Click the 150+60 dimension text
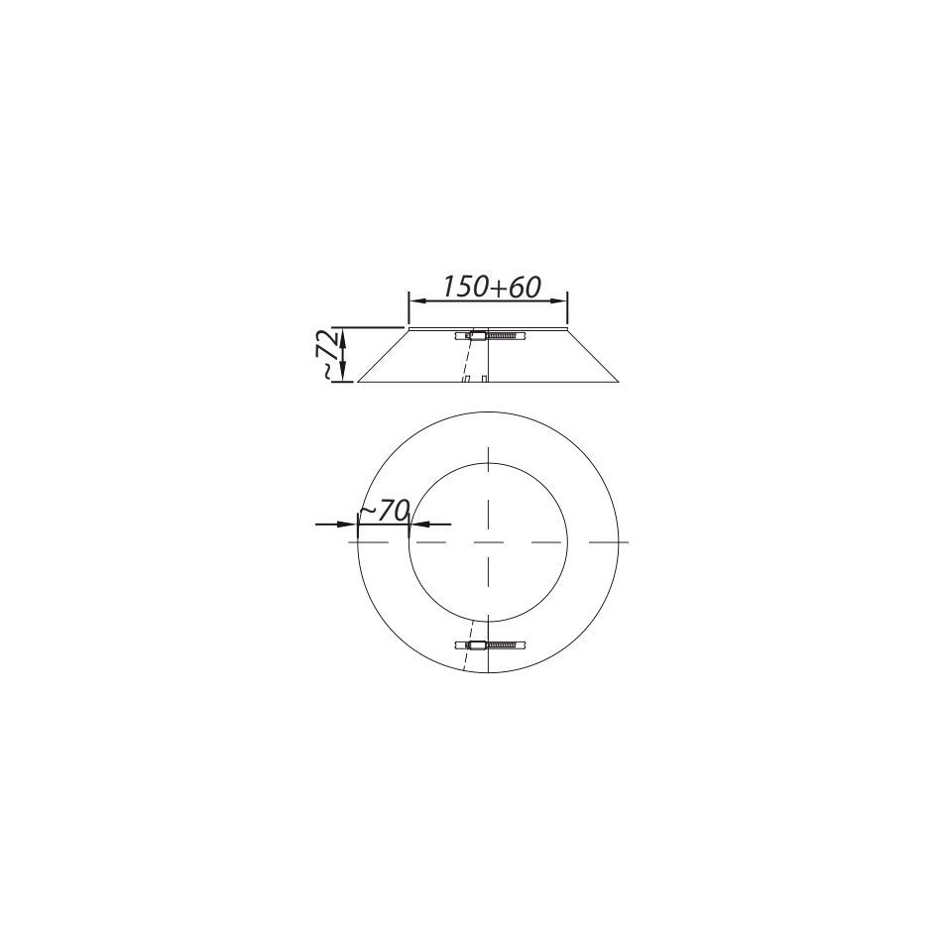[x=492, y=288]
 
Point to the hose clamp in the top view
[x=491, y=644]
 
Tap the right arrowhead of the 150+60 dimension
[x=559, y=300]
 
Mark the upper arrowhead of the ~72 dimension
[x=343, y=336]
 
